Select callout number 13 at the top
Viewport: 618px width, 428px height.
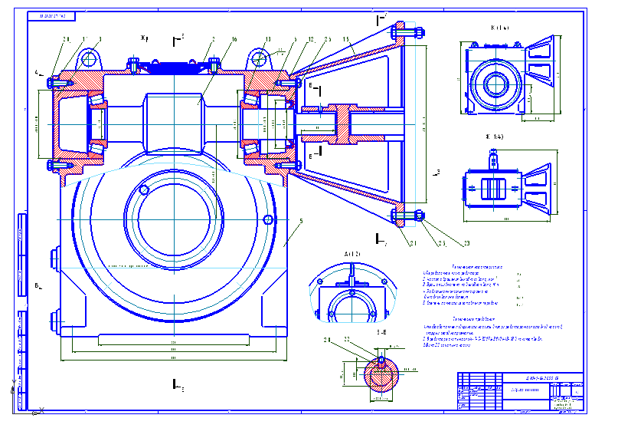point(268,38)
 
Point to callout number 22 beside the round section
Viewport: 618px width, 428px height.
point(345,339)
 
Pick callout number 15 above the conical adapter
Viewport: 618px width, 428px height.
point(346,38)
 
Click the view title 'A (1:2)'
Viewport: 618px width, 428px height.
point(352,253)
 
